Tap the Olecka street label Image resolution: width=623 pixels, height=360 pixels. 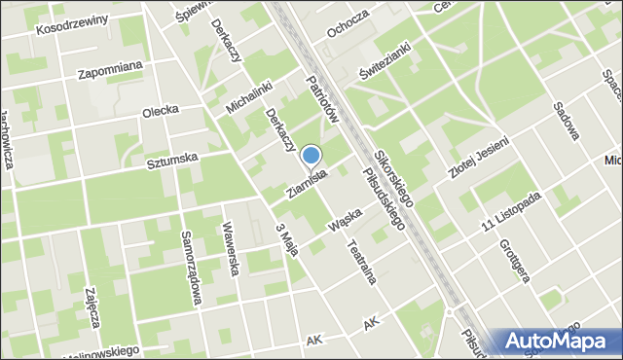(x=160, y=110)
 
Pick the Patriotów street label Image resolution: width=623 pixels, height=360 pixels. (x=320, y=99)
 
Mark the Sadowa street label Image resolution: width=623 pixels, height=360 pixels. (x=567, y=122)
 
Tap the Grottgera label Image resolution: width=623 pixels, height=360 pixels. (x=513, y=260)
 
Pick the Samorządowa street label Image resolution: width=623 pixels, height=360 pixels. (x=190, y=268)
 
